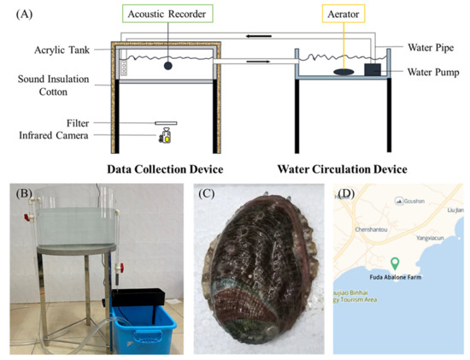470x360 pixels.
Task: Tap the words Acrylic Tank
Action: [63, 50]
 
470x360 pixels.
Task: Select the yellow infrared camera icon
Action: [164, 134]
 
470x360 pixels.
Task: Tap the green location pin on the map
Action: [395, 264]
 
